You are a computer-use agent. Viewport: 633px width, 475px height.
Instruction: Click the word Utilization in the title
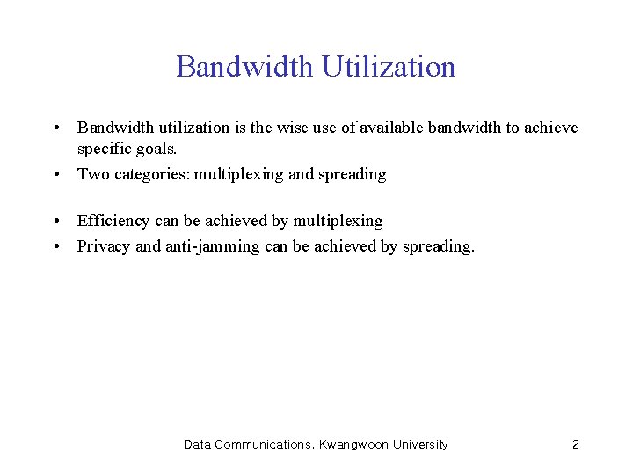[389, 67]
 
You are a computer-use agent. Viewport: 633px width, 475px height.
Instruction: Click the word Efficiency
[113, 221]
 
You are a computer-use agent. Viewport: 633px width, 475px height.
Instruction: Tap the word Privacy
[104, 246]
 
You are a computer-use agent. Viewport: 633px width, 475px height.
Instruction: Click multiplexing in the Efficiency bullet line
[338, 221]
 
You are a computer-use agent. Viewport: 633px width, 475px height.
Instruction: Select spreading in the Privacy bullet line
[438, 246]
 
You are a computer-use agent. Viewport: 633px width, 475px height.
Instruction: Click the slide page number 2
[576, 445]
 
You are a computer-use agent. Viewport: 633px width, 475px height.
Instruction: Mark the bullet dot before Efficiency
[55, 221]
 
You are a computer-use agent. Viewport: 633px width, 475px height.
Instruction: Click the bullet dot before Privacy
[55, 246]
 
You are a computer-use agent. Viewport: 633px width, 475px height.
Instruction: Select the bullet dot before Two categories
[55, 174]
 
